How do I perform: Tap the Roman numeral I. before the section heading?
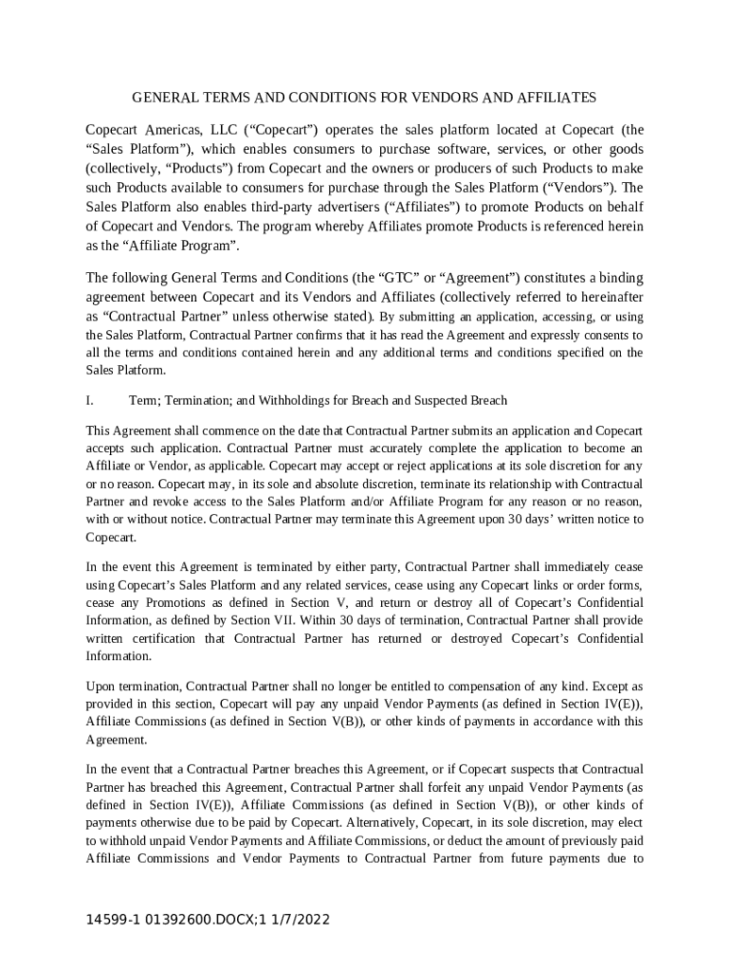88,400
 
